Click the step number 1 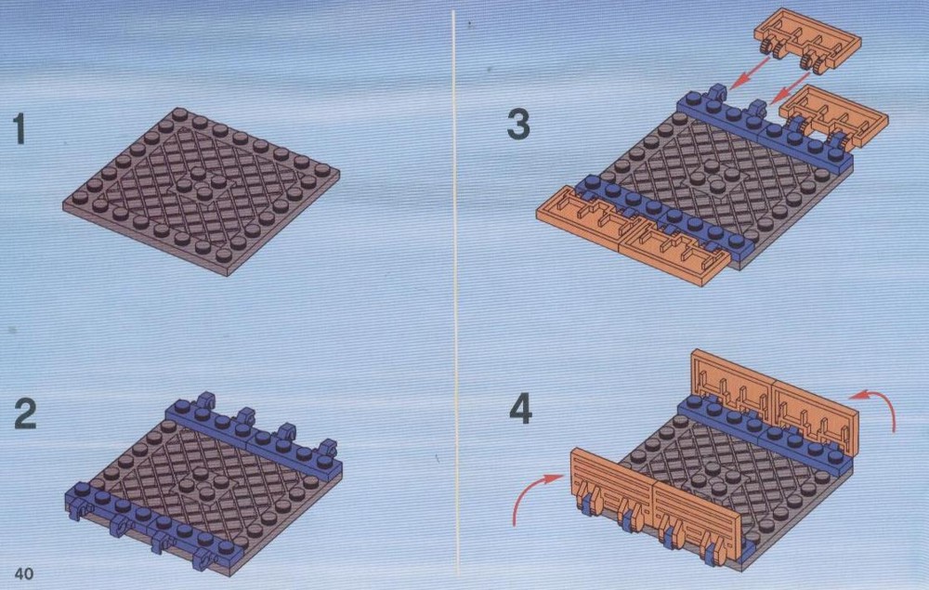pos(20,130)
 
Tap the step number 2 pos(25,414)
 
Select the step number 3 pos(518,125)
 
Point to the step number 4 pos(521,410)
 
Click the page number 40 pos(24,573)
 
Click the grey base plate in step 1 pos(202,190)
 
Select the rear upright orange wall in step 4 pos(775,402)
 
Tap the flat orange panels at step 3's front pos(633,236)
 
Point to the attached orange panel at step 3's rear pos(834,116)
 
